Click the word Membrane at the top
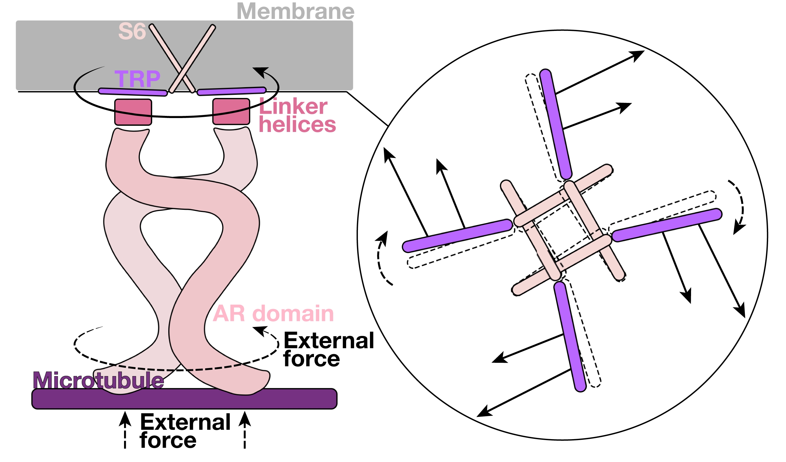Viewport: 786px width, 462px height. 296,11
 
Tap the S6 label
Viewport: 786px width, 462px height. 132,32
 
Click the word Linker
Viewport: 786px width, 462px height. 293,107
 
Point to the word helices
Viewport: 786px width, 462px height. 297,125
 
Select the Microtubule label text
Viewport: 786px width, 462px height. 98,380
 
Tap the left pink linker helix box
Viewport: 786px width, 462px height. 133,112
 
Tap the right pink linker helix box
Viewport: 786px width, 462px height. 231,112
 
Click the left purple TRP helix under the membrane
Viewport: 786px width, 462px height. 133,92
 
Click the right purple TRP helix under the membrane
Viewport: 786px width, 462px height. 232,91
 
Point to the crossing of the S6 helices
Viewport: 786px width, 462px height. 183,72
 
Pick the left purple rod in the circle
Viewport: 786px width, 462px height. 457,236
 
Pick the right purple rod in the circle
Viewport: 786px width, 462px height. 667,225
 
